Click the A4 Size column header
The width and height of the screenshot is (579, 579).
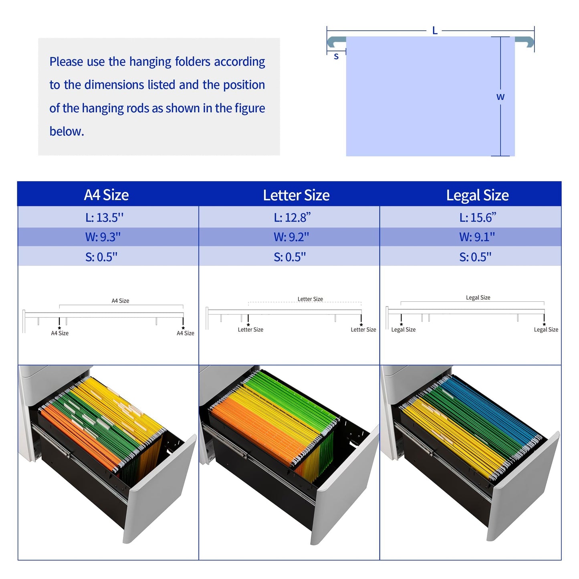click(106, 195)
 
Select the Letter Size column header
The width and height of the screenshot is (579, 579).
click(296, 195)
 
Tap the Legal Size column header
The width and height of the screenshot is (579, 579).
click(478, 195)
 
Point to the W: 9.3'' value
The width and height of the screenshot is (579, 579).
click(103, 237)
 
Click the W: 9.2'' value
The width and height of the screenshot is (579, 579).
click(291, 237)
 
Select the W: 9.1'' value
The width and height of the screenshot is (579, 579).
click(477, 237)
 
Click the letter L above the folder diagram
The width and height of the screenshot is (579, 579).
click(434, 30)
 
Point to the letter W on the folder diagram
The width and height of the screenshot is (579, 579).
click(500, 97)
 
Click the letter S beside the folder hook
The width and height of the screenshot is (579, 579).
click(336, 56)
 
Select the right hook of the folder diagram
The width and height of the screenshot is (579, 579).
click(525, 41)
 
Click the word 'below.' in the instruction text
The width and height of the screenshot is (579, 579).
click(67, 131)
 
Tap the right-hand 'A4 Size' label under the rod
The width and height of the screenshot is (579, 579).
click(186, 333)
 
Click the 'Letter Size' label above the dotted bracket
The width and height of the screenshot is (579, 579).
click(310, 299)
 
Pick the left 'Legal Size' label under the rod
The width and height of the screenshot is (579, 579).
click(403, 330)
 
